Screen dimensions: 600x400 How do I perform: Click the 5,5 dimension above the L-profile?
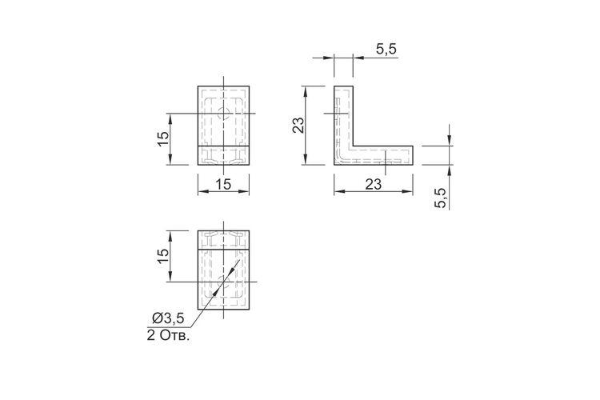click(386, 50)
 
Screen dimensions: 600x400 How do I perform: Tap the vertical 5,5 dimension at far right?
click(441, 198)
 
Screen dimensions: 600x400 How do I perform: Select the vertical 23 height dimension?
click(298, 125)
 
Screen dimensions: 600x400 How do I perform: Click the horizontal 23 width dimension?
click(373, 185)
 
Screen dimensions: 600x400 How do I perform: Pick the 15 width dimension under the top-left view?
click(223, 185)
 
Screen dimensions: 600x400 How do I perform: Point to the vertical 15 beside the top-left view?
click(162, 138)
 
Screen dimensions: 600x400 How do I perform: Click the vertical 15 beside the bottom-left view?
click(162, 256)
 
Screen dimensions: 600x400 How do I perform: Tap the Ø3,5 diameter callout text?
click(168, 318)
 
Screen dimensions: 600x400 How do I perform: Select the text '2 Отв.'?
click(168, 336)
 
